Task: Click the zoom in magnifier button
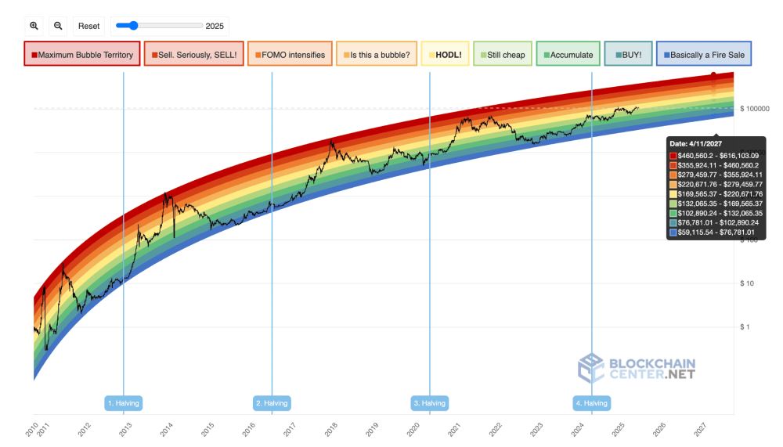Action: click(34, 26)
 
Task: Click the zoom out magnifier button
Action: click(58, 26)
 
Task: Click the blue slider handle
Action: click(132, 26)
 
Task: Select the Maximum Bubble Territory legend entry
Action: click(82, 55)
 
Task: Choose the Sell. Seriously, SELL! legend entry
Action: click(192, 55)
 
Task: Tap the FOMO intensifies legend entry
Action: click(290, 55)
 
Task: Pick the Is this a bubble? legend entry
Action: click(376, 55)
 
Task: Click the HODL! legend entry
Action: click(445, 55)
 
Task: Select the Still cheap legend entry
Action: click(502, 55)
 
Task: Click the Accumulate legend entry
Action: click(568, 55)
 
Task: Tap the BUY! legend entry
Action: click(628, 55)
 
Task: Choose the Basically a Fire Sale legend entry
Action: click(703, 55)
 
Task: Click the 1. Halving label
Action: click(124, 403)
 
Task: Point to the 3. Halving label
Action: click(429, 403)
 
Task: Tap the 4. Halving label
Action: click(591, 403)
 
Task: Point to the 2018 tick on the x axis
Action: click(330, 429)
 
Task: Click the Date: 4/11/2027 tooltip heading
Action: click(696, 144)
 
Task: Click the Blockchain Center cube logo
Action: click(591, 368)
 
